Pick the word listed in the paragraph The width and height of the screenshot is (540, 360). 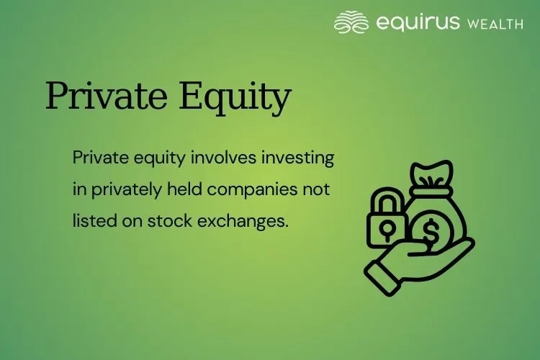pos(91,220)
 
